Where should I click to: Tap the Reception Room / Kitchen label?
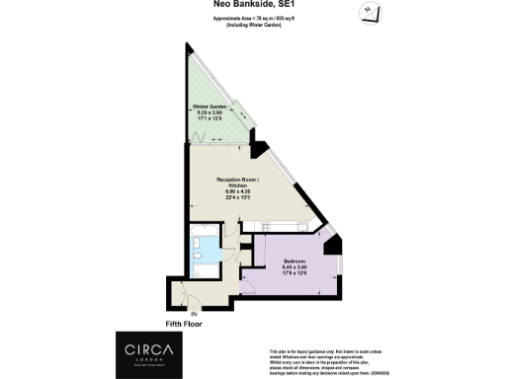coord(237,183)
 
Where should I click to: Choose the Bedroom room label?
coord(292,261)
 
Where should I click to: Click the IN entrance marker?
coord(181,314)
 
